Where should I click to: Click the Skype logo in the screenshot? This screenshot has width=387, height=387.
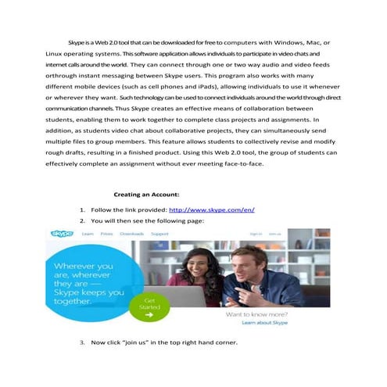coord(62,234)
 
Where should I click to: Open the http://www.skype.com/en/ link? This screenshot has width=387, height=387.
coord(212,210)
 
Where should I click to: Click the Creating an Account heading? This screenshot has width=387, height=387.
coord(147,193)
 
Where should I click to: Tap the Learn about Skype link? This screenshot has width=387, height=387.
coord(265,322)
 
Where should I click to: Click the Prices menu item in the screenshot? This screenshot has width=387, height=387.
coord(107,234)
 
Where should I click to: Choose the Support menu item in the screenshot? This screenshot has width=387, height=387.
coord(159,234)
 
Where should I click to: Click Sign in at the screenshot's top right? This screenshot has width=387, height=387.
coord(256,234)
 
